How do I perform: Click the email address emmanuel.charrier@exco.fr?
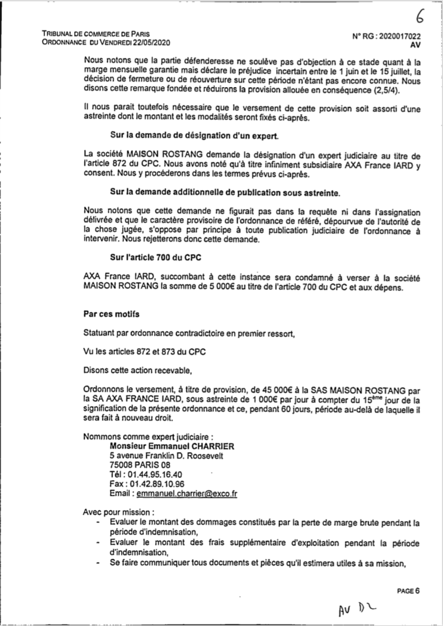coord(187,494)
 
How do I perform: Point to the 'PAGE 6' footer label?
coord(409,590)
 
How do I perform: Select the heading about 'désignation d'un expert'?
coord(194,136)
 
